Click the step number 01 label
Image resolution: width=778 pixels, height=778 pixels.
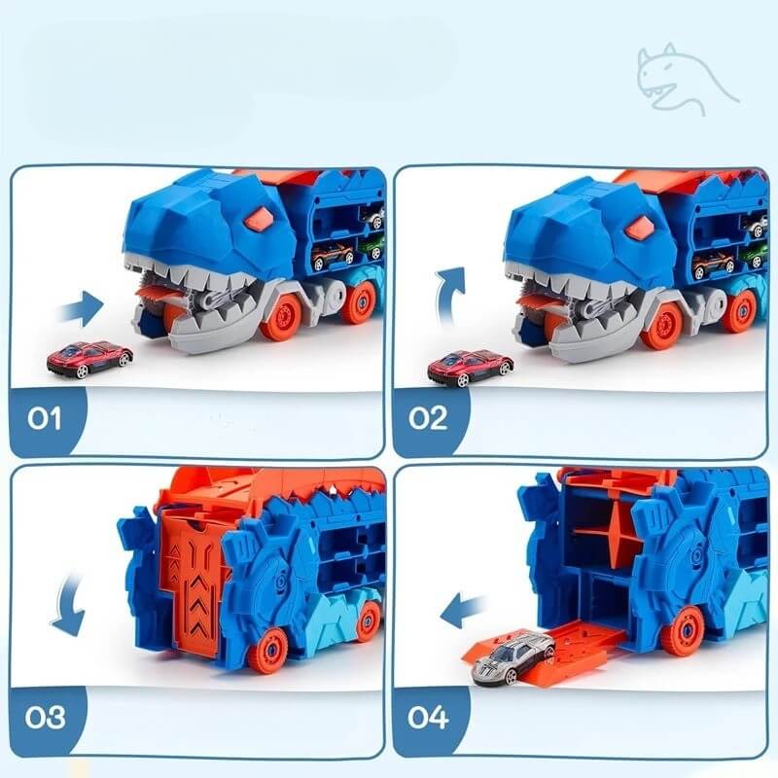coord(44,418)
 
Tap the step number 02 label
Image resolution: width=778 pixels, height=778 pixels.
coord(428,418)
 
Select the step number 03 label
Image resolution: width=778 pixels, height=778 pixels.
coord(45,718)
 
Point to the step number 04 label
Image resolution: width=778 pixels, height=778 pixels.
coord(428,718)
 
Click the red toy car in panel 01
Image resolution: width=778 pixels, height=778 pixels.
coord(89,357)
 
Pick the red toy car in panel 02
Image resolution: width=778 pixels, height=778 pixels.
coord(471,367)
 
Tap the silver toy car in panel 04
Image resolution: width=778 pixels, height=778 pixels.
coord(514,657)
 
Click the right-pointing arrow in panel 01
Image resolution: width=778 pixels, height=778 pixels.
coord(81,309)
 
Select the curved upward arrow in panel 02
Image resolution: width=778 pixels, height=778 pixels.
coord(449,298)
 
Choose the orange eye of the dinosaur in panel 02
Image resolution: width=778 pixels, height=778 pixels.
coord(640,226)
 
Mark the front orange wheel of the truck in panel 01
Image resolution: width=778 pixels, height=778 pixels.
coord(281,315)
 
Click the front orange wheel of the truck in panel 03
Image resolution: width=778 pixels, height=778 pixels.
coord(271,652)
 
